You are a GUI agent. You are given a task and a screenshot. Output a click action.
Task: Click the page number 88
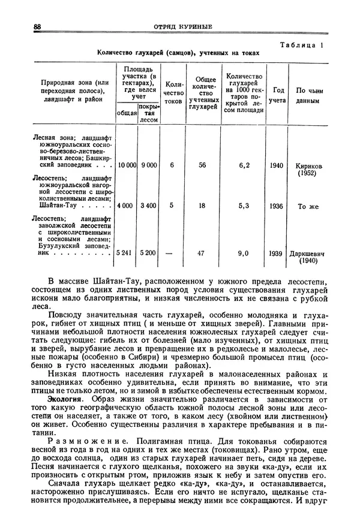[x=37, y=26]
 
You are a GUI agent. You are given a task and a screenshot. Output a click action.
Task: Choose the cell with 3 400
[x=149, y=206]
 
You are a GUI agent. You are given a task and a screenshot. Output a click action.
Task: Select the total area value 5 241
[x=127, y=253]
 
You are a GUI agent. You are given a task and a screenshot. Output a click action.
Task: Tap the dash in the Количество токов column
[x=172, y=253]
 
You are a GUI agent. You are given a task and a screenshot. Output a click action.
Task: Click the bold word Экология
[x=65, y=399]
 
